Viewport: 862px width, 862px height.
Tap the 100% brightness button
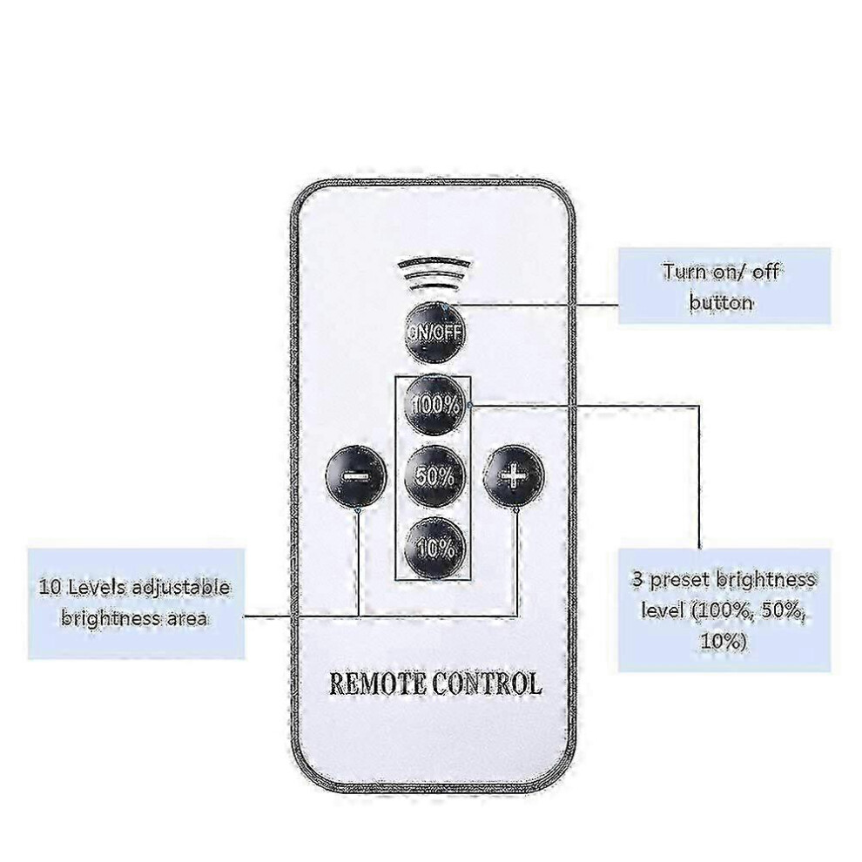[435, 405]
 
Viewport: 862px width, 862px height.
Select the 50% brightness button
[434, 476]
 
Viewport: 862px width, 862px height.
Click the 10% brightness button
[434, 547]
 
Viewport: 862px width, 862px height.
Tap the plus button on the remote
[514, 475]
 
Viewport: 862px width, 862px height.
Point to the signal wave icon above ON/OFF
[434, 275]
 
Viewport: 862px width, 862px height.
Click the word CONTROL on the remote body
[486, 684]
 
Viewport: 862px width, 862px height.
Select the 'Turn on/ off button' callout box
[724, 286]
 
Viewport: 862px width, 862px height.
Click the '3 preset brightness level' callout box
[724, 609]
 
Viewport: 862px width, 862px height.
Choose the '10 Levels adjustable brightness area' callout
[136, 603]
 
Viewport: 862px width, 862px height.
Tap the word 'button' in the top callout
[721, 302]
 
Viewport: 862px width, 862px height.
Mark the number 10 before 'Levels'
[51, 587]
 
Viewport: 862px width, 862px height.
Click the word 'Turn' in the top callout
[684, 272]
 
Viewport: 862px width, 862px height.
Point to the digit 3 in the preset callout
[637, 579]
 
